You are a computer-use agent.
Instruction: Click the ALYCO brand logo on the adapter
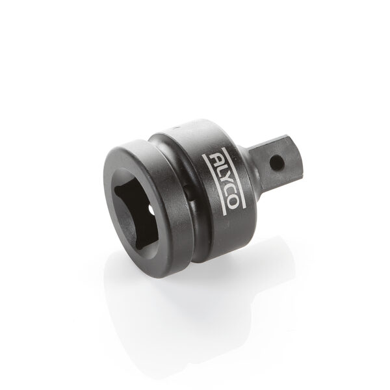tap(222, 181)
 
